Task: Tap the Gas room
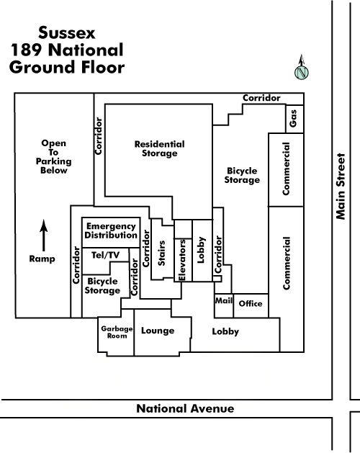click(294, 119)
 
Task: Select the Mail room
click(224, 305)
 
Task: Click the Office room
click(251, 305)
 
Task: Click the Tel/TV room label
click(105, 255)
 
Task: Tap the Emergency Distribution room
click(111, 233)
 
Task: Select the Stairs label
click(161, 253)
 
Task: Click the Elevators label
click(182, 260)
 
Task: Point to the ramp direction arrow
click(44, 236)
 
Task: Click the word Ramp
click(42, 259)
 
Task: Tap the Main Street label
click(341, 187)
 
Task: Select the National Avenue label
click(185, 408)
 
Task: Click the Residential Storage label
click(160, 148)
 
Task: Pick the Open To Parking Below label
click(54, 156)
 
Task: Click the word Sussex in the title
click(67, 32)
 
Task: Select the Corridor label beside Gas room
click(261, 98)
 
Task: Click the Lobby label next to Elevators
click(201, 250)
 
